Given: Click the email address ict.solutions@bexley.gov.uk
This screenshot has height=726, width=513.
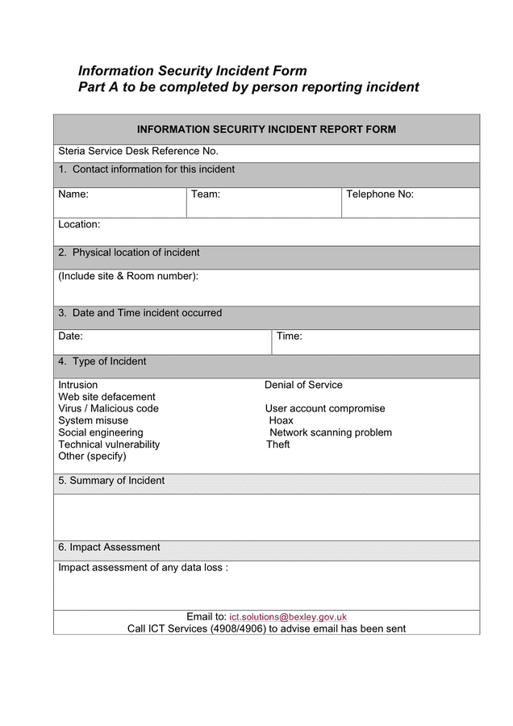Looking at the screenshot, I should (x=288, y=617).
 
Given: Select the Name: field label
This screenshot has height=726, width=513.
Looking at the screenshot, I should (x=73, y=194).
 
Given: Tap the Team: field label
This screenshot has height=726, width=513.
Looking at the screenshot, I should (x=206, y=194).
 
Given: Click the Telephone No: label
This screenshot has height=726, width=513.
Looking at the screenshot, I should (x=380, y=194).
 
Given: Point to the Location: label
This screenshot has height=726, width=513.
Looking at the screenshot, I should (x=79, y=225).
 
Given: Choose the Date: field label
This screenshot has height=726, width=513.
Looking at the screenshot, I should (x=70, y=336).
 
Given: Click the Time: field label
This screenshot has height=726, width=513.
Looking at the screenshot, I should (x=290, y=336).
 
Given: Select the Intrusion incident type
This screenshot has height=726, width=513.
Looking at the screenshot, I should (x=78, y=386).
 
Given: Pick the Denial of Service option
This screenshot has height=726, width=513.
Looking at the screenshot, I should (x=303, y=386).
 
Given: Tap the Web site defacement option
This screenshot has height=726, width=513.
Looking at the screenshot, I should (x=106, y=397).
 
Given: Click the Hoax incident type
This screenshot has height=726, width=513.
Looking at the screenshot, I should (x=282, y=421).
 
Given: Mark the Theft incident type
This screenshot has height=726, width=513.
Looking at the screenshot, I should (x=278, y=444).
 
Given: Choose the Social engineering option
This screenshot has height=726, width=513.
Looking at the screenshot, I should (x=101, y=433).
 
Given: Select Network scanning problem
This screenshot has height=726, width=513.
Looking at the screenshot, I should (x=331, y=433).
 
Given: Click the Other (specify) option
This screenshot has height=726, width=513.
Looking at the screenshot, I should (x=92, y=457).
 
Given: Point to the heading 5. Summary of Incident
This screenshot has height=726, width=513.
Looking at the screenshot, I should (x=111, y=481).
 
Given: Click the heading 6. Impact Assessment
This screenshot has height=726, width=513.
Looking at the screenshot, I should (x=109, y=548).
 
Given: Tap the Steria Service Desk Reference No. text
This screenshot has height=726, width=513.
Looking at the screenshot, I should (x=138, y=152).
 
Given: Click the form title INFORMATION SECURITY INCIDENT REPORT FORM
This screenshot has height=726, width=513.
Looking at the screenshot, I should (x=266, y=130).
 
